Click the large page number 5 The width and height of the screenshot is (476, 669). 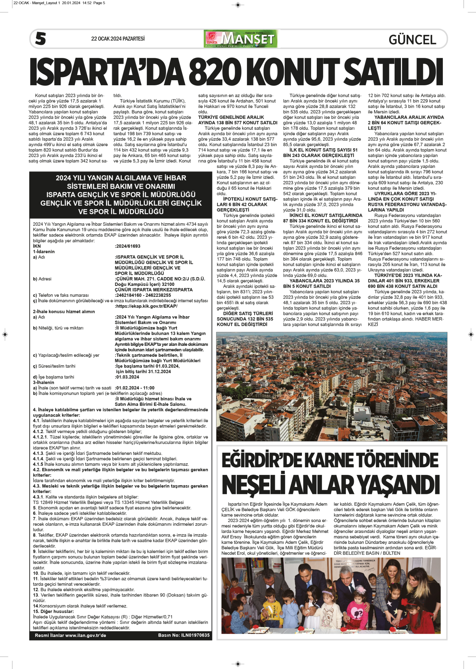(41, 38)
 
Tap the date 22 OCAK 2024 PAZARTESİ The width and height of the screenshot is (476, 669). (118, 39)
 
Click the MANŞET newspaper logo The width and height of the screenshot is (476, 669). (241, 39)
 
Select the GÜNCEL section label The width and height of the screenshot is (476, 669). (412, 40)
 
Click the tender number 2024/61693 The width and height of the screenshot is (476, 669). (128, 246)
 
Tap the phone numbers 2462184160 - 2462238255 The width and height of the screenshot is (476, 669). (143, 295)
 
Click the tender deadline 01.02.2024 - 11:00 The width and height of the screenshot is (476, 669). (135, 388)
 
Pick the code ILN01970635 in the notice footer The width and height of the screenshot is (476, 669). (195, 635)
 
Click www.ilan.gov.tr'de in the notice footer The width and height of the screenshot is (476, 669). (86, 635)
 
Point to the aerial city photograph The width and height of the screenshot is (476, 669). (332, 386)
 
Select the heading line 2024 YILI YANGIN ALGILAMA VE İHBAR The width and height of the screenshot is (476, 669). (121, 178)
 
